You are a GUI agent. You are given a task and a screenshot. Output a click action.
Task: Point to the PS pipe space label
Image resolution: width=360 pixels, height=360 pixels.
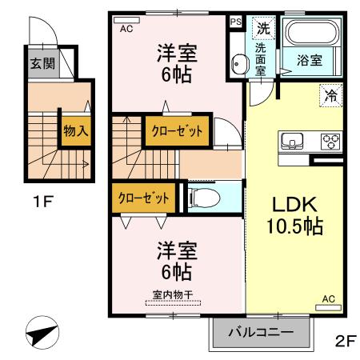(x=235, y=22)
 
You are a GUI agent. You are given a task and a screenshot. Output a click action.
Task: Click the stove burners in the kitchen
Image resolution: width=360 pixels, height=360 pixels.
(x=330, y=141)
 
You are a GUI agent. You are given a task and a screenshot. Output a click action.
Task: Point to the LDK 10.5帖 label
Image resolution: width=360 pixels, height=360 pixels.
(x=294, y=215)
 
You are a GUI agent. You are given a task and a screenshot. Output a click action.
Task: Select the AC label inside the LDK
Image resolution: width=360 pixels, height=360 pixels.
(x=328, y=299)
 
